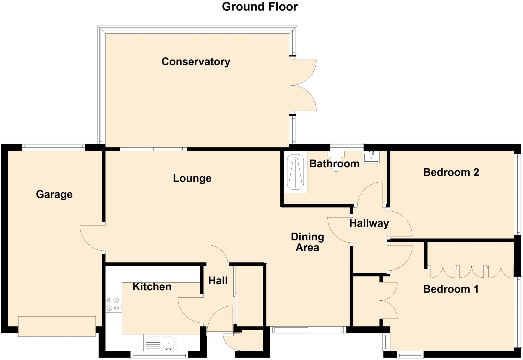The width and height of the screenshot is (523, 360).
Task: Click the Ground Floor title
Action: (x=260, y=7)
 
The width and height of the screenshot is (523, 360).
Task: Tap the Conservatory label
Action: (x=196, y=62)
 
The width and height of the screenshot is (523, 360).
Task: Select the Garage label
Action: (x=54, y=194)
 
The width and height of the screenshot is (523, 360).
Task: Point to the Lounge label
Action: (x=192, y=178)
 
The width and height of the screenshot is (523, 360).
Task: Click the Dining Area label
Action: (x=307, y=242)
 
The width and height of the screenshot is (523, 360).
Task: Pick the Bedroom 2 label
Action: (x=451, y=172)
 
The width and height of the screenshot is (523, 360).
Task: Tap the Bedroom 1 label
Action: (x=451, y=289)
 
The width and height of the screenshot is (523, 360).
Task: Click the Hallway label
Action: (x=369, y=223)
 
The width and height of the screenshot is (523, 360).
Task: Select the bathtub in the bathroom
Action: (x=295, y=172)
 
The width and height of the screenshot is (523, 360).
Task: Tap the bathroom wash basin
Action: (x=371, y=157)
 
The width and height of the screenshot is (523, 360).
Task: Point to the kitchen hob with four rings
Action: (x=113, y=304)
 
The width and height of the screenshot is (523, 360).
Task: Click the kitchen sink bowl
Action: (x=169, y=342)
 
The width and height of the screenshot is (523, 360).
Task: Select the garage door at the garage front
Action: (x=57, y=326)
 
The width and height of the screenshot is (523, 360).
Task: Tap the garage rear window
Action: (x=53, y=147)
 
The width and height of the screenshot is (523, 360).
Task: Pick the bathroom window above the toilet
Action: (x=347, y=147)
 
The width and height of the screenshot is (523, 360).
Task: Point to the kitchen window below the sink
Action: (x=159, y=355)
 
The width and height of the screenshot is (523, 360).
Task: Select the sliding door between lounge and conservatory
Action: (x=153, y=149)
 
